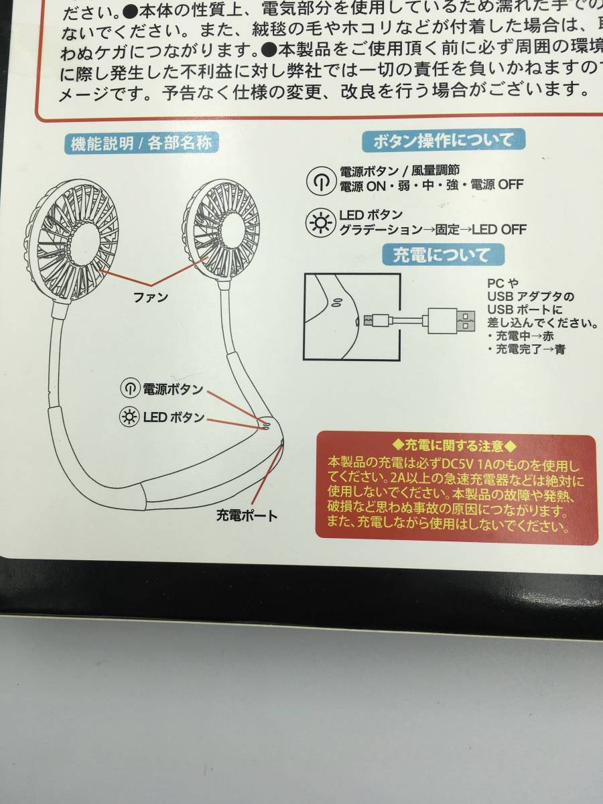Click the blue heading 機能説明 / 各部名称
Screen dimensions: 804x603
click(141, 144)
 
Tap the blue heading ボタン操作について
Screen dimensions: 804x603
click(443, 140)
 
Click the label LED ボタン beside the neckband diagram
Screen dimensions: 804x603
click(173, 417)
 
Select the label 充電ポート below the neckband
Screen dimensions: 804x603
click(246, 515)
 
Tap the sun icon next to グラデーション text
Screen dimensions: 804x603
click(318, 221)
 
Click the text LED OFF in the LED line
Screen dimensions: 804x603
click(498, 229)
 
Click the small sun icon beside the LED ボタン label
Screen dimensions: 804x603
click(127, 417)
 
